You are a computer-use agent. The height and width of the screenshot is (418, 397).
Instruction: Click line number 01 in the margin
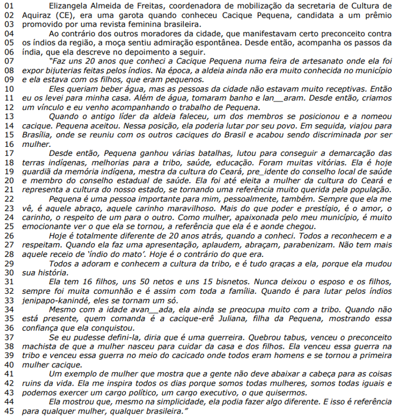(7, 6)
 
